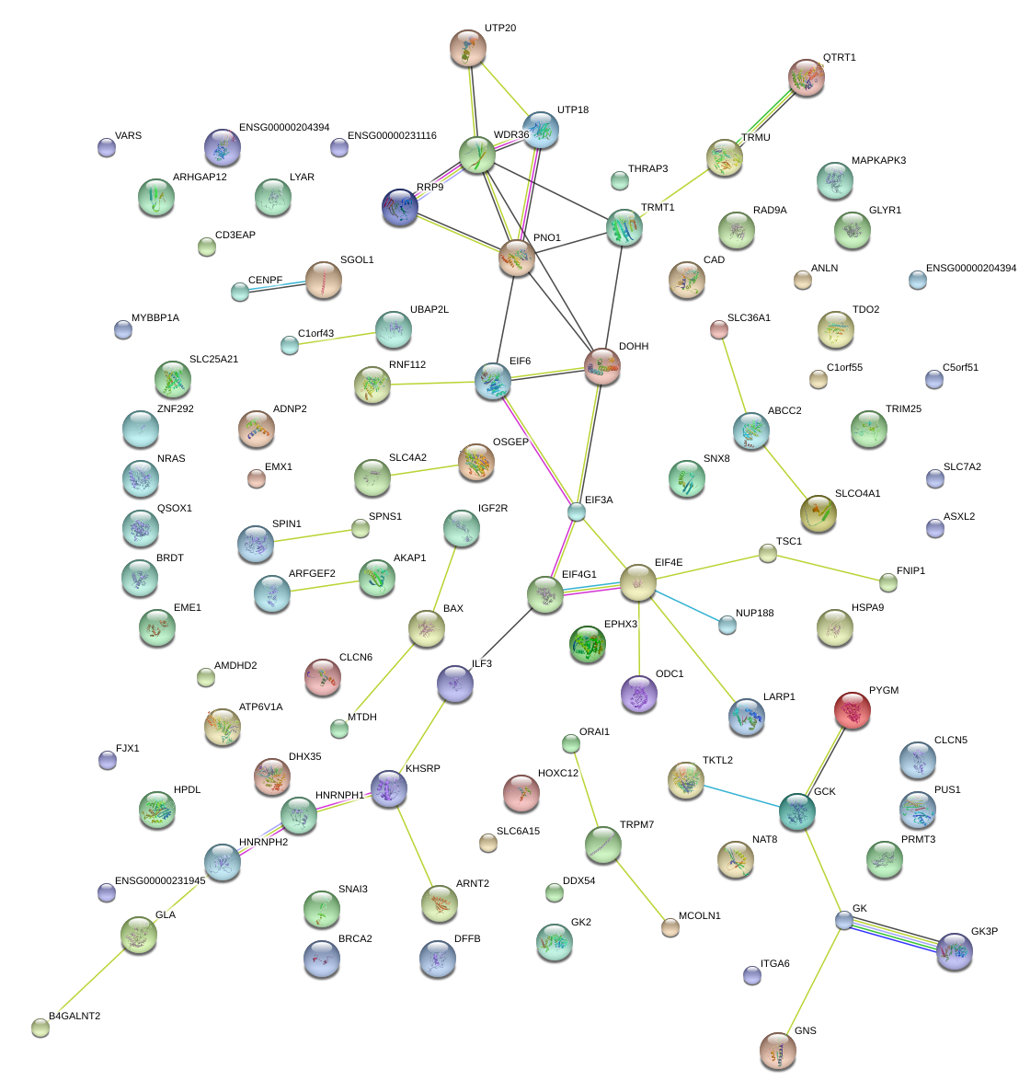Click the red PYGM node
click(853, 710)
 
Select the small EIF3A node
click(577, 512)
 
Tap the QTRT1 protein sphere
click(807, 78)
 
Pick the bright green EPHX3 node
click(588, 644)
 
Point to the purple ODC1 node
click(639, 694)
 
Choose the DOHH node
click(602, 366)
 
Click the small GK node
click(844, 920)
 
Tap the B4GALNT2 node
click(40, 1028)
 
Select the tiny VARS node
click(107, 147)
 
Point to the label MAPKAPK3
click(878, 160)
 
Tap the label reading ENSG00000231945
click(160, 880)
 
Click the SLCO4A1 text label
click(857, 494)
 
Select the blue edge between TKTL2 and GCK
click(741, 796)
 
